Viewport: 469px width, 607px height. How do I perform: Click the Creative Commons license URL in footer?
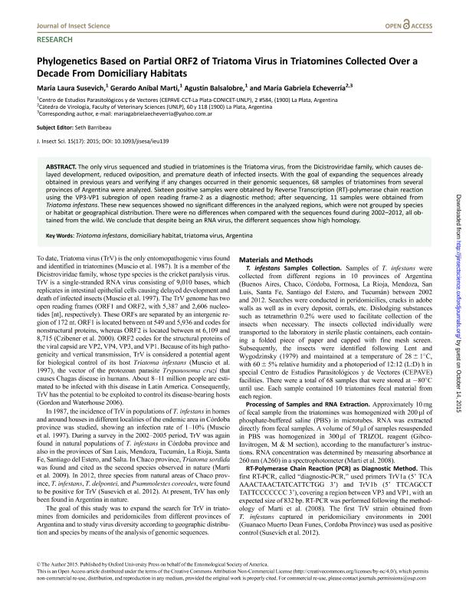pyautogui.click(x=306, y=592)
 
